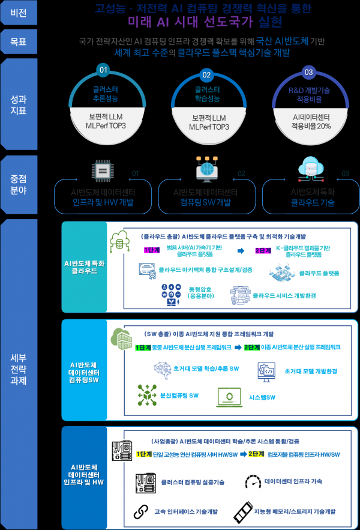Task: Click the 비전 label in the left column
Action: tap(18, 13)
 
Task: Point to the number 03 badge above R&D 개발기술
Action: tap(309, 73)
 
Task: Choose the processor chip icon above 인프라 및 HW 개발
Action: tap(102, 170)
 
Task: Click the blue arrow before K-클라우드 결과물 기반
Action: tap(239, 251)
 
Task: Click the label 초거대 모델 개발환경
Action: tap(311, 371)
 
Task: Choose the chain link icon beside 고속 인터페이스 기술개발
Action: tap(140, 511)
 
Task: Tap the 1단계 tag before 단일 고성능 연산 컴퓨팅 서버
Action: tap(144, 454)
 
